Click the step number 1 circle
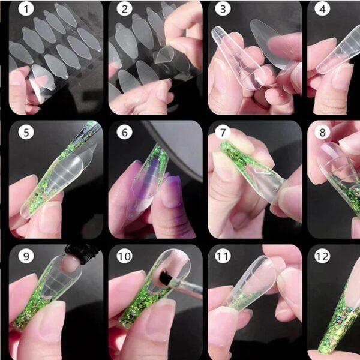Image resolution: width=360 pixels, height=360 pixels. coord(26,9)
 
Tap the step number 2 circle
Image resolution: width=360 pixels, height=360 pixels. coord(124,9)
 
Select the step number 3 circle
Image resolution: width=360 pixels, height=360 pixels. coord(223,9)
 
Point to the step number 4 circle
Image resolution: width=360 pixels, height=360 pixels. coord(322,9)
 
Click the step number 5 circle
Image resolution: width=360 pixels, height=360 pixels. coord(26,132)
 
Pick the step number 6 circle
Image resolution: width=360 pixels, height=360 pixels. coord(124,132)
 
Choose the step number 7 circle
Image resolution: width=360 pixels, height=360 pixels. coord(223,132)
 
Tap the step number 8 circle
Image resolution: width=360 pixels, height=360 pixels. coord(322,132)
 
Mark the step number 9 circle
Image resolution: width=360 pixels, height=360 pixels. coord(26,256)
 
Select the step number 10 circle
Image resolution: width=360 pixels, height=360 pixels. coord(124,256)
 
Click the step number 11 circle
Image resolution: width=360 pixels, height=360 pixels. coord(223,256)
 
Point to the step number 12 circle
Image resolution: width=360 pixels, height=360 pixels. coord(322,256)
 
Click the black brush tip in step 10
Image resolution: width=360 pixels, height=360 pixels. coord(164,279)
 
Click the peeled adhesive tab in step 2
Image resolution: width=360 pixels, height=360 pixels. coord(163,55)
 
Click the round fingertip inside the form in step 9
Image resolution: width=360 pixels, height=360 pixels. coord(71,263)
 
